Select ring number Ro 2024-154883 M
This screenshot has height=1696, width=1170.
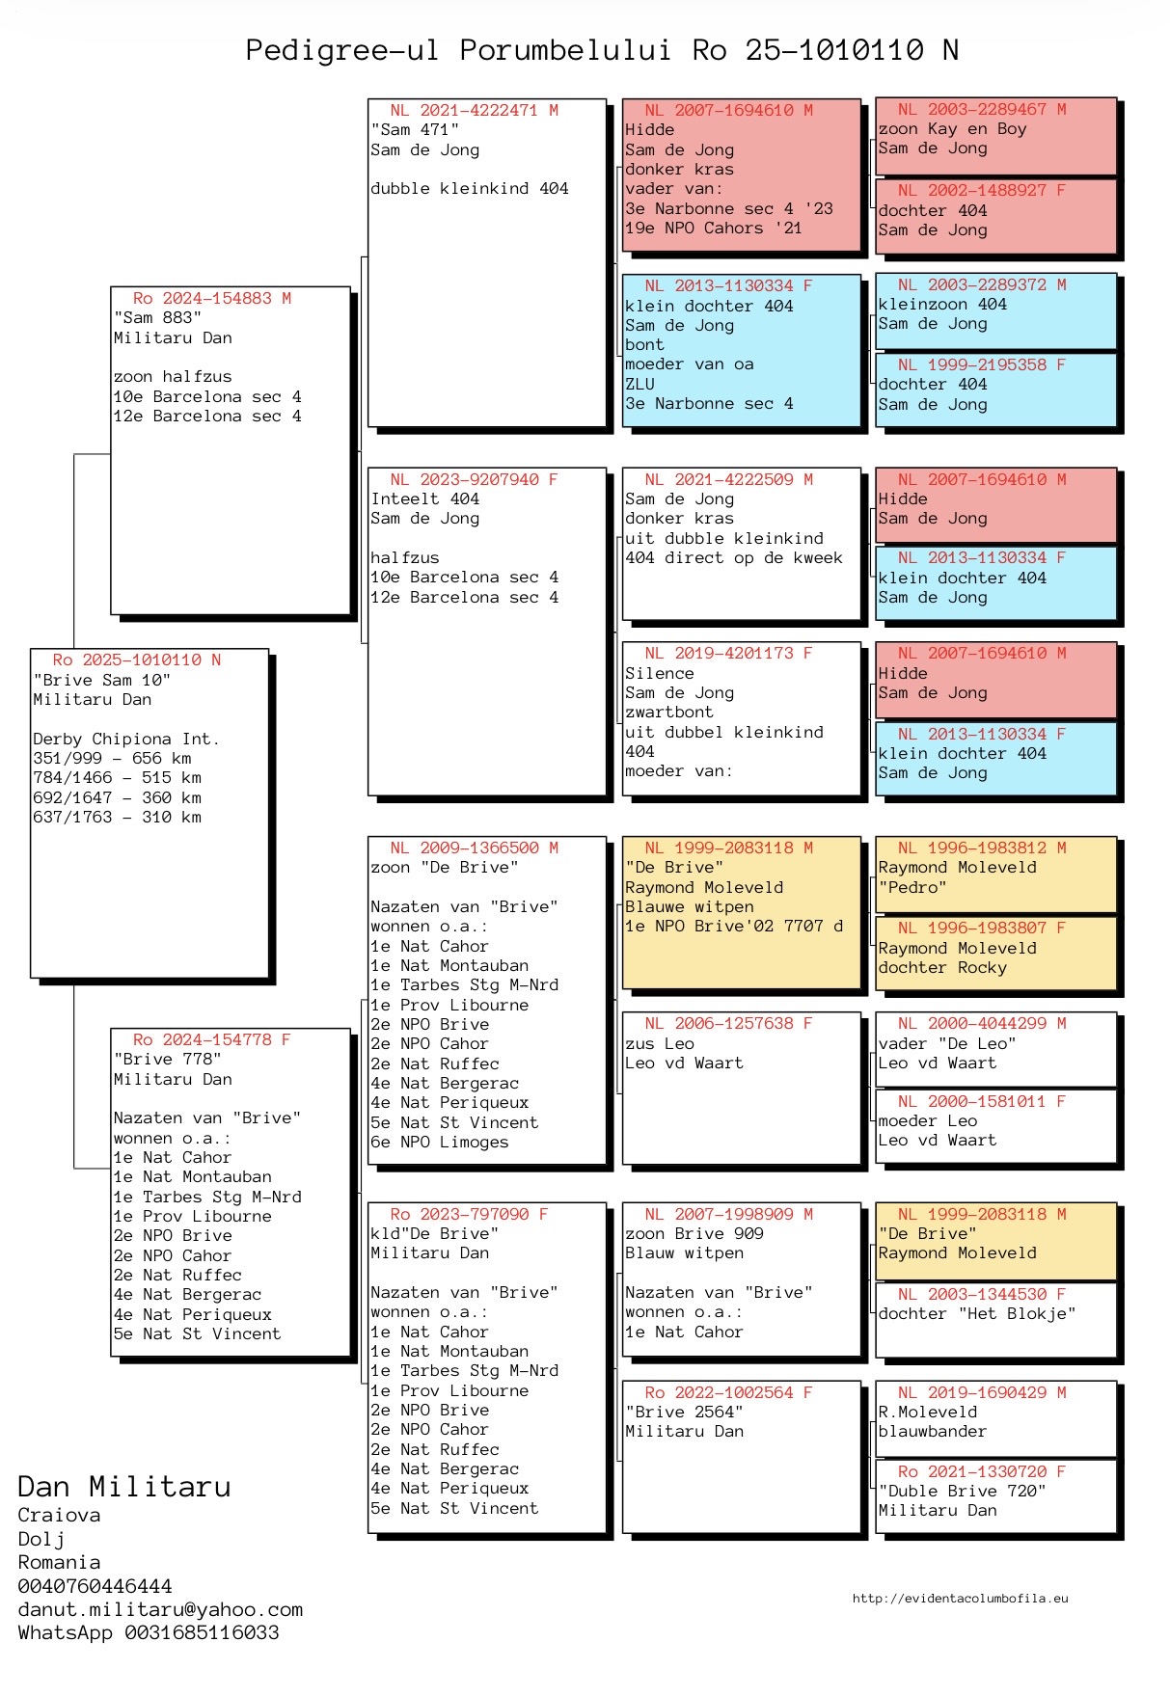(212, 299)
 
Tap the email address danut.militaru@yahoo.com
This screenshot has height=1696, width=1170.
(160, 1609)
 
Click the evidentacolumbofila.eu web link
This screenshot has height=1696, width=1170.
(960, 1598)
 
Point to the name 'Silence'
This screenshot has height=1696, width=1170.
(660, 673)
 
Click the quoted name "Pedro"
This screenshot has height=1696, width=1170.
(912, 887)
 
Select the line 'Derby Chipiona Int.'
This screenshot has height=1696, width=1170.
(126, 740)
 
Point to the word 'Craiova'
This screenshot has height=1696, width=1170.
(59, 1515)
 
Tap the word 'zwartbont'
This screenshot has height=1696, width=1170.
(669, 713)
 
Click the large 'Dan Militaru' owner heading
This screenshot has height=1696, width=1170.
(124, 1486)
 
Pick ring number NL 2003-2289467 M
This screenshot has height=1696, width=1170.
(982, 110)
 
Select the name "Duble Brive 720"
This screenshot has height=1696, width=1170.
(963, 1491)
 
